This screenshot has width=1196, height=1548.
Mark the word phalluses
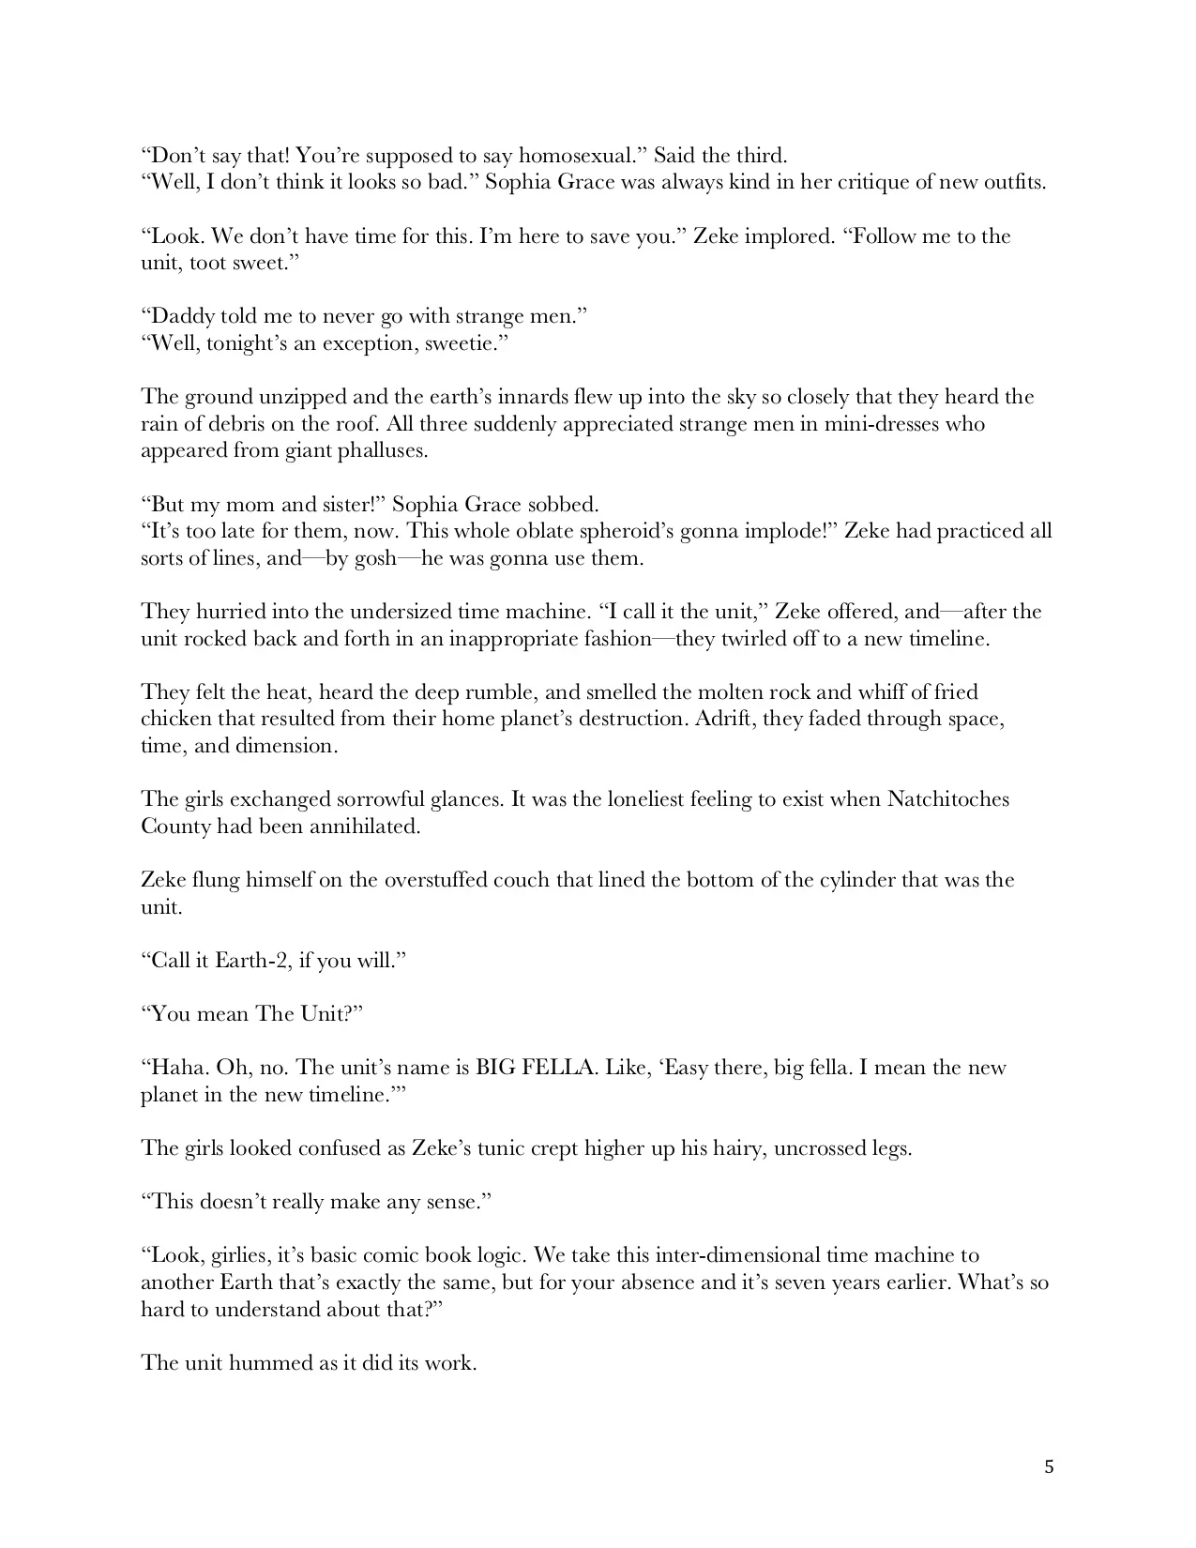[381, 451]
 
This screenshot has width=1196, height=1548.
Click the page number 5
[1049, 1467]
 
